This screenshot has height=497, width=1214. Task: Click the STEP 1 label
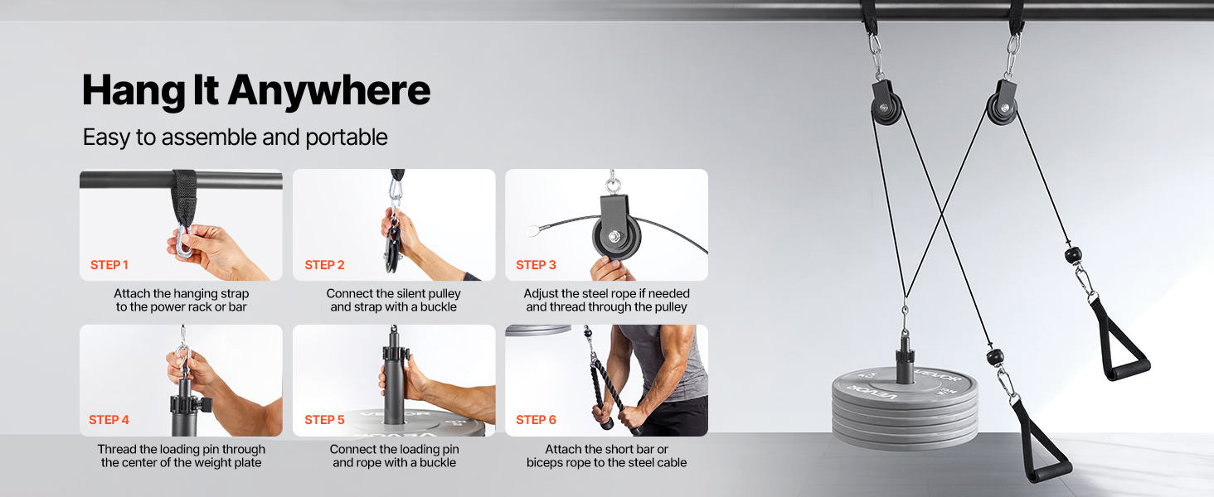click(x=109, y=265)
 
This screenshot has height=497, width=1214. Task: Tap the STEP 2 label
click(x=324, y=265)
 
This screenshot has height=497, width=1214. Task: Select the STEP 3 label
click(x=536, y=265)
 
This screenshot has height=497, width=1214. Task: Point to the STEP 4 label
click(x=109, y=420)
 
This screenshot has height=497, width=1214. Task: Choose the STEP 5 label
click(x=324, y=420)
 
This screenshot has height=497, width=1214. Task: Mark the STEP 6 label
click(x=536, y=420)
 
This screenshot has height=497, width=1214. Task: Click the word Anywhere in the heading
click(x=329, y=91)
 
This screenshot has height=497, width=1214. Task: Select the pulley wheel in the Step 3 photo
click(x=615, y=237)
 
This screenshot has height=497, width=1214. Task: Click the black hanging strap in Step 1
click(x=184, y=200)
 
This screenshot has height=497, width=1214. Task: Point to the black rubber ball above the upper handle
click(x=1072, y=254)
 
